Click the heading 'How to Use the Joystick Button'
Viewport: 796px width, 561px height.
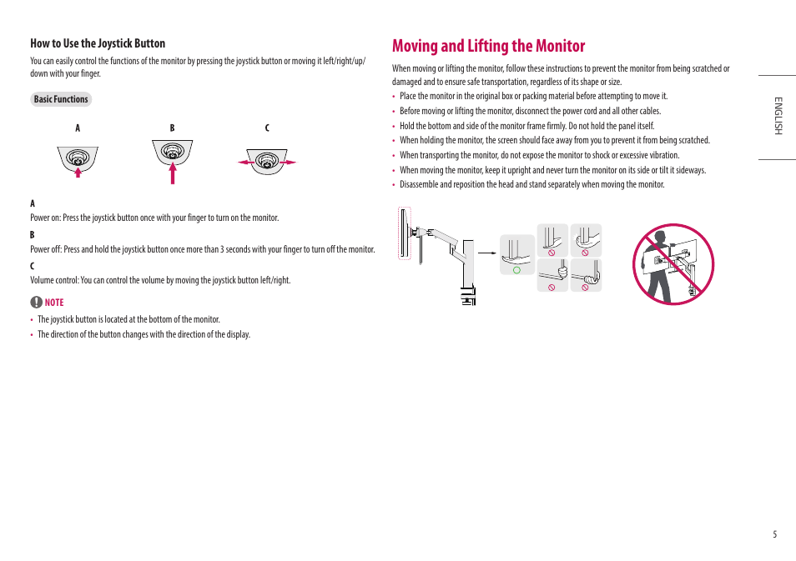click(x=98, y=43)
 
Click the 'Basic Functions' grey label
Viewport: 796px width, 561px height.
click(x=61, y=99)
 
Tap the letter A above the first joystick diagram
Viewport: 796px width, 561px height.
click(x=78, y=128)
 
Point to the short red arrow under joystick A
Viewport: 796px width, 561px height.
click(x=78, y=172)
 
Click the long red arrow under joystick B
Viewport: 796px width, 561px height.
click(x=173, y=173)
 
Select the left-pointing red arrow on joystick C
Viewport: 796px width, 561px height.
click(x=246, y=163)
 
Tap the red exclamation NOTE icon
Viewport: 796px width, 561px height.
click(x=36, y=303)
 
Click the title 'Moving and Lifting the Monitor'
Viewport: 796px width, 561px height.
click(x=488, y=46)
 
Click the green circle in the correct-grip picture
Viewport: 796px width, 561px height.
click(x=516, y=270)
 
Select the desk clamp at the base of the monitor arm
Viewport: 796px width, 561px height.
click(x=467, y=297)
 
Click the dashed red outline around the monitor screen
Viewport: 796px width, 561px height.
click(x=405, y=234)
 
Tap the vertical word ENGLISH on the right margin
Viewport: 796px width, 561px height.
click(x=777, y=116)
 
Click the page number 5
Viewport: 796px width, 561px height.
click(x=773, y=535)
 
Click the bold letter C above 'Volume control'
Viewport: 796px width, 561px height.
click(x=33, y=266)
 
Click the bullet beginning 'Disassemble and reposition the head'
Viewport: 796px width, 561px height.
click(x=532, y=185)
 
